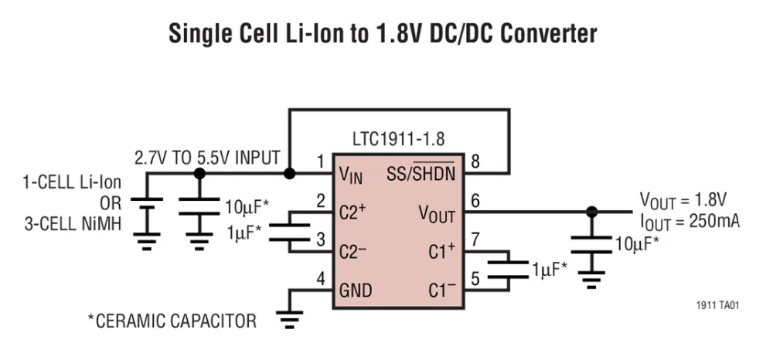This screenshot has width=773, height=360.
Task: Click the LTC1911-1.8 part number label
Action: pyautogui.click(x=399, y=141)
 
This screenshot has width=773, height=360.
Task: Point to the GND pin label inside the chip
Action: pyautogui.click(x=356, y=290)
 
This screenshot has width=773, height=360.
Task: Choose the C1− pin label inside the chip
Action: pyautogui.click(x=443, y=290)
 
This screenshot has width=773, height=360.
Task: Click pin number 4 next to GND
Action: pyautogui.click(x=321, y=278)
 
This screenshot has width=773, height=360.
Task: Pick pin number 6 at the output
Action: pyautogui.click(x=475, y=200)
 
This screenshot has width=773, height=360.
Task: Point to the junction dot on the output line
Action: pyautogui.click(x=592, y=211)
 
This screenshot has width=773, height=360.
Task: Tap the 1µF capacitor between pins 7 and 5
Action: pyautogui.click(x=509, y=270)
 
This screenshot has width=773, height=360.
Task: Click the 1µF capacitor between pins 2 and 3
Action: pyautogui.click(x=290, y=231)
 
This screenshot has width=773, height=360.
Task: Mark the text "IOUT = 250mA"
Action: pyautogui.click(x=689, y=221)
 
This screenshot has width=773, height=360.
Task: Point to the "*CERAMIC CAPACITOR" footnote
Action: pyautogui.click(x=171, y=321)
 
